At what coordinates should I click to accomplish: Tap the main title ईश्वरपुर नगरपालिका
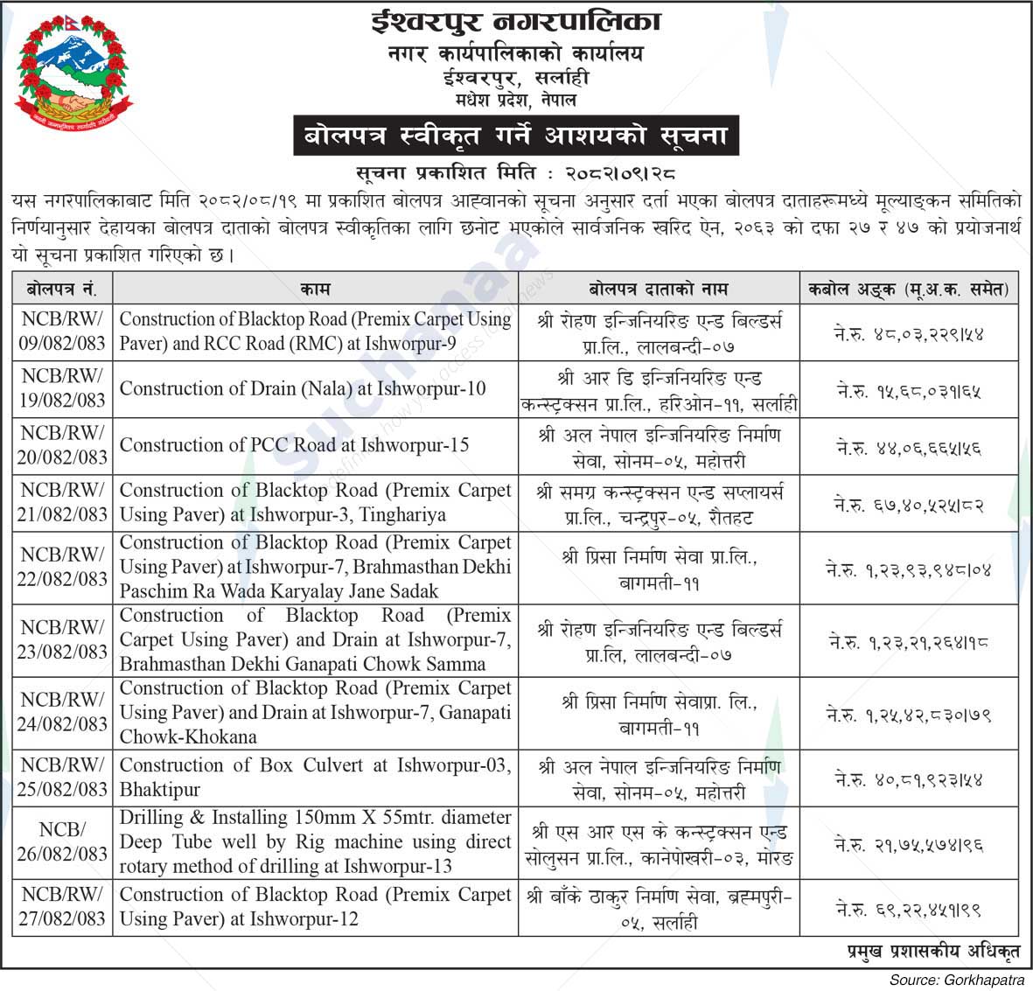point(514,21)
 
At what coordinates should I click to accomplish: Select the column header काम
point(315,288)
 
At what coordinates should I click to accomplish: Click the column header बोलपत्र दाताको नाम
point(658,288)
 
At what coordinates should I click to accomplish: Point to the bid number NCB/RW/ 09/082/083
point(62,331)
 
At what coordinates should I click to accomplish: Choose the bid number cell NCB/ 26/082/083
point(62,841)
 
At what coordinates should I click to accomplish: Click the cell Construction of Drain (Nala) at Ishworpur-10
point(303,388)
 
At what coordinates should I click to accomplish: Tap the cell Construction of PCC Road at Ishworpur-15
point(294,445)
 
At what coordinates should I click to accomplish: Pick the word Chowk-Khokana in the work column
point(188,736)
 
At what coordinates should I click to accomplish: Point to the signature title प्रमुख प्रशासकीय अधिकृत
point(932,950)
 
